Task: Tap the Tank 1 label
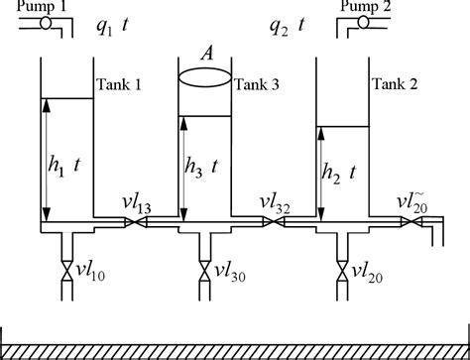point(120,86)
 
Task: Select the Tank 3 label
point(255,86)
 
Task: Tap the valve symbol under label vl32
point(273,223)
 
